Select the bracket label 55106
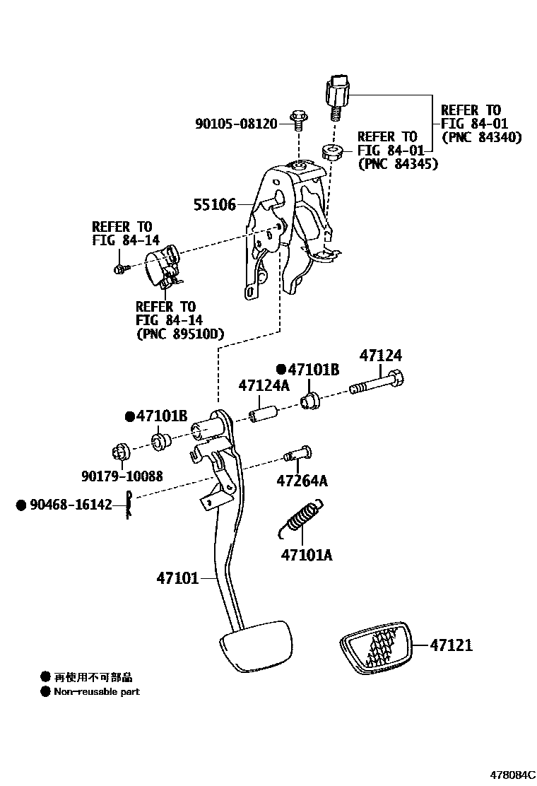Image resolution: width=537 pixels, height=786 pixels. [215, 205]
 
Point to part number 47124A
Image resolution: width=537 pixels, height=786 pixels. [264, 386]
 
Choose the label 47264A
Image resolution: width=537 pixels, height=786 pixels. [302, 481]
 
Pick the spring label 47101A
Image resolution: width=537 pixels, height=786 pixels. [307, 555]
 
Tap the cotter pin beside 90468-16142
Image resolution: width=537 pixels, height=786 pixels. [130, 506]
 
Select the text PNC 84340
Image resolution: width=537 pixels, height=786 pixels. [481, 137]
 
